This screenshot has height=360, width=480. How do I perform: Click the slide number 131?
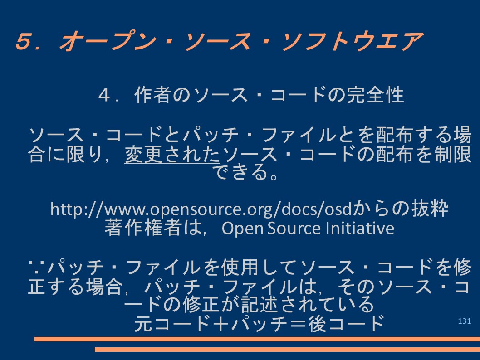click(x=465, y=321)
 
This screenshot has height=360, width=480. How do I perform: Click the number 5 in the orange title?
click(x=24, y=41)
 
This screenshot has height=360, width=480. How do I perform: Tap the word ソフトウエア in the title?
click(x=352, y=41)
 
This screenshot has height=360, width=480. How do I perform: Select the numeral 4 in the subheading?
click(x=105, y=95)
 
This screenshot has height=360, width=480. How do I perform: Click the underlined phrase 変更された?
click(x=172, y=154)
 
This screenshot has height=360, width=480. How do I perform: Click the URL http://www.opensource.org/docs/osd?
click(x=201, y=209)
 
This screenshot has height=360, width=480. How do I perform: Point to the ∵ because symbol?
click(x=36, y=266)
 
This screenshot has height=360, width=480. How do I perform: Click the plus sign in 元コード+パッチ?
click(x=220, y=324)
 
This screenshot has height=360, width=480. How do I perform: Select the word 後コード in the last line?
click(x=346, y=324)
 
